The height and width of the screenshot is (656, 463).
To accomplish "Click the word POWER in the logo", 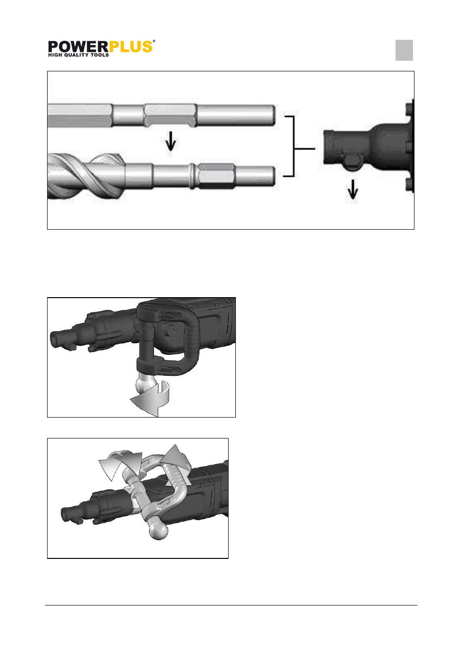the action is click(78, 47).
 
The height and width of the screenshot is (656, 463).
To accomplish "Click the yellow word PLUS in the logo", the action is click(131, 47).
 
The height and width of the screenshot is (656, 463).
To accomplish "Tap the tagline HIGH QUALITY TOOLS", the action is click(79, 55).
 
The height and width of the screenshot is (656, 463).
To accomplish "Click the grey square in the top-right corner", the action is click(404, 50).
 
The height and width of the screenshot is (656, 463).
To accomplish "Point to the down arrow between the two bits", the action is click(171, 141).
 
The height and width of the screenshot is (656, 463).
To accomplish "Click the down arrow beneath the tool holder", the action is click(353, 189).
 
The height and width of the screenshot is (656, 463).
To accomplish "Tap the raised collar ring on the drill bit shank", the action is click(192, 175).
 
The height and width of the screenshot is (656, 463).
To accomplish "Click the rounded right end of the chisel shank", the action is click(272, 116).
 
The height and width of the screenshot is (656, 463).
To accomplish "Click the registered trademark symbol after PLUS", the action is click(154, 41).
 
